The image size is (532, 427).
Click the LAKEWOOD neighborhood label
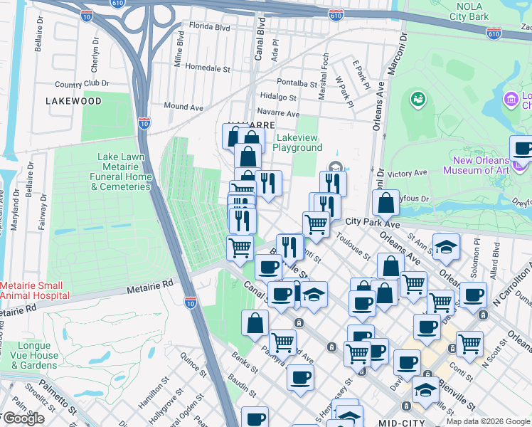click(x=73, y=101)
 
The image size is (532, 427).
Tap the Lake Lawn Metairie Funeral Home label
click(x=124, y=172)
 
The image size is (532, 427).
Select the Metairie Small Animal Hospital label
click(x=35, y=290)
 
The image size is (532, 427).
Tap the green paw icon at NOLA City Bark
click(x=418, y=98)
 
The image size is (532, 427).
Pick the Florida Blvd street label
click(x=209, y=28)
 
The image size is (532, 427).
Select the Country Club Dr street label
click(x=86, y=84)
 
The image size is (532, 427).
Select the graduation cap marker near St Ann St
click(x=445, y=246)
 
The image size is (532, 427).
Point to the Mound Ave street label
click(x=183, y=107)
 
